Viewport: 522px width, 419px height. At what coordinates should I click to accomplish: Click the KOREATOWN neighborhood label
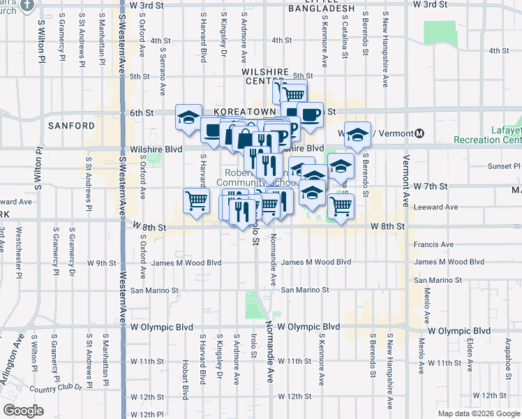tap(238, 112)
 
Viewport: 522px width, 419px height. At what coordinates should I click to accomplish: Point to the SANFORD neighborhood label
tap(71, 126)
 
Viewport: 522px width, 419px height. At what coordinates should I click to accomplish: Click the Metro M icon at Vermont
tap(419, 133)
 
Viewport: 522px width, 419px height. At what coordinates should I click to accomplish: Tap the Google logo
tap(23, 411)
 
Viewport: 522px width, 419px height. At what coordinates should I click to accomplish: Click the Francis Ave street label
tap(433, 244)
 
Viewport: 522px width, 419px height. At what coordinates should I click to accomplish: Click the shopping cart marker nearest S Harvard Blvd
tap(196, 200)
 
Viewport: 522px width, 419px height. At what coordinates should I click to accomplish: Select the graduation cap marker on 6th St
tap(188, 117)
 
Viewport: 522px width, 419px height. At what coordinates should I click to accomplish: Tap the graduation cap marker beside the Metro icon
tap(357, 134)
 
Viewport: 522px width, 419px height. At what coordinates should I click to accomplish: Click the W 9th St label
tap(103, 263)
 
